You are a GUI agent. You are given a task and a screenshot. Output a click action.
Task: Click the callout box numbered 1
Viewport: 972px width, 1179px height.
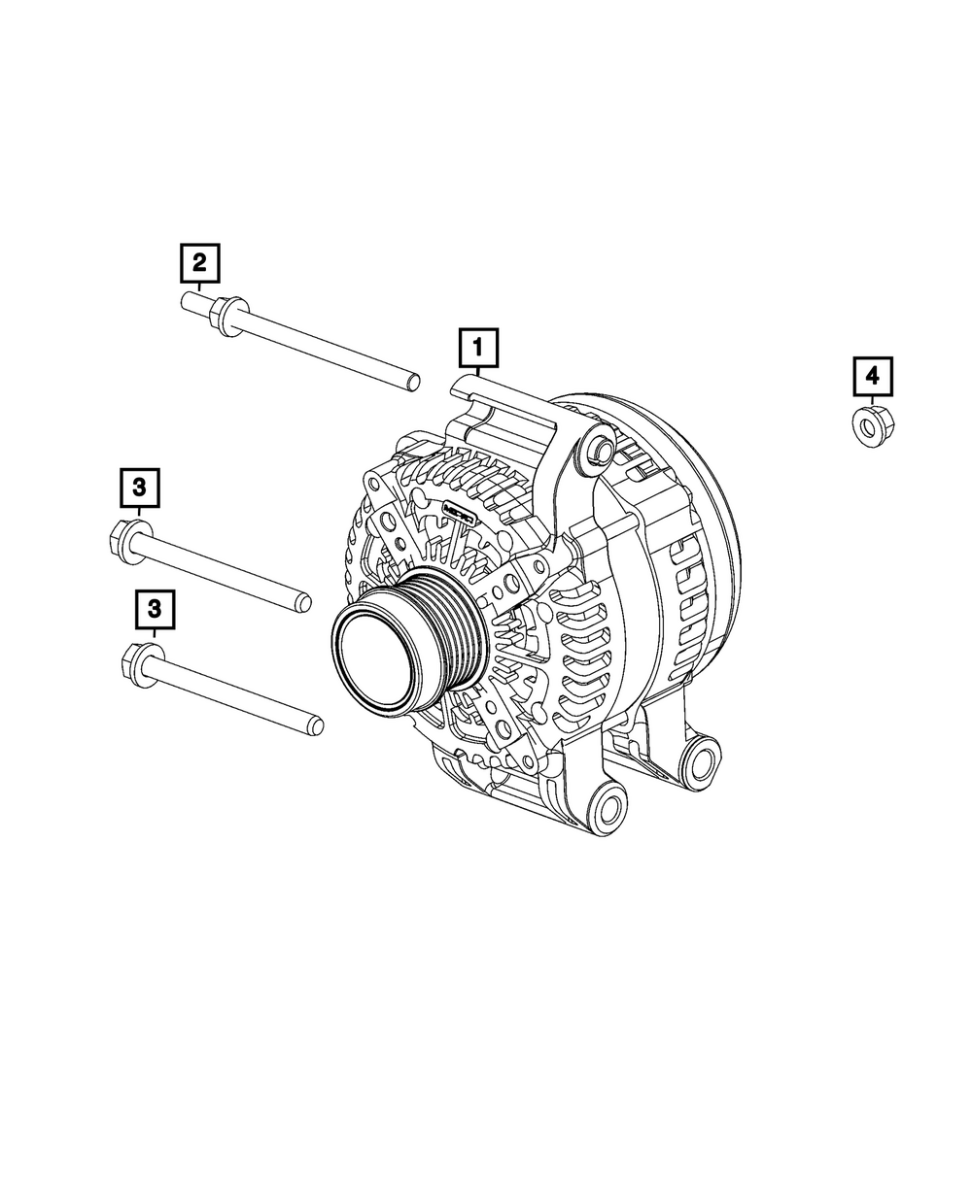478,348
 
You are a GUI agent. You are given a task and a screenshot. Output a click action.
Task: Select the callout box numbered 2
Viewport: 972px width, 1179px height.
199,262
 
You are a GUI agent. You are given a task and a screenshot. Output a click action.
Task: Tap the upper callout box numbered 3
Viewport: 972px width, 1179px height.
139,487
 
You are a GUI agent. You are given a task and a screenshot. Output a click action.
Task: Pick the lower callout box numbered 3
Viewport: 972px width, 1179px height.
155,609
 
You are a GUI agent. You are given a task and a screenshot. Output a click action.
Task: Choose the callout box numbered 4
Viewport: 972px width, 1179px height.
873,376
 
